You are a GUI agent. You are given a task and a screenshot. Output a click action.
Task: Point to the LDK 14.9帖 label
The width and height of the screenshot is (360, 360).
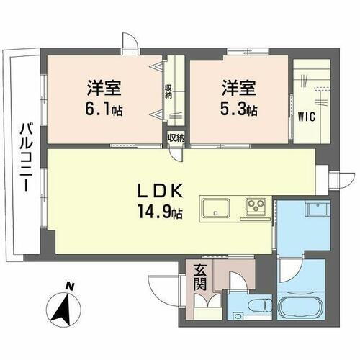pyautogui.click(x=163, y=201)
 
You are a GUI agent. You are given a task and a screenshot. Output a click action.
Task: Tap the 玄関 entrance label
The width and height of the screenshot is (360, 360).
pyautogui.click(x=199, y=278)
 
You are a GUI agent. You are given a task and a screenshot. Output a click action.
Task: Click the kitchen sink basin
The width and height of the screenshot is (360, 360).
pyautogui.click(x=216, y=208)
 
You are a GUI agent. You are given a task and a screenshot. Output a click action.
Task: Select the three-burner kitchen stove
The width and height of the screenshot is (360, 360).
pyautogui.click(x=256, y=207)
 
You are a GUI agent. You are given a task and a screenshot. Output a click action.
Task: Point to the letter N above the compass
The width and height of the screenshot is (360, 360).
pyautogui.click(x=70, y=287)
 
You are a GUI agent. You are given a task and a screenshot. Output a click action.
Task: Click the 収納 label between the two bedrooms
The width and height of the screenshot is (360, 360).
pyautogui.click(x=168, y=91)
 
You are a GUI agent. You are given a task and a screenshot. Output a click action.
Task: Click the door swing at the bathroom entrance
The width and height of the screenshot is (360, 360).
pyautogui.click(x=288, y=272)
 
